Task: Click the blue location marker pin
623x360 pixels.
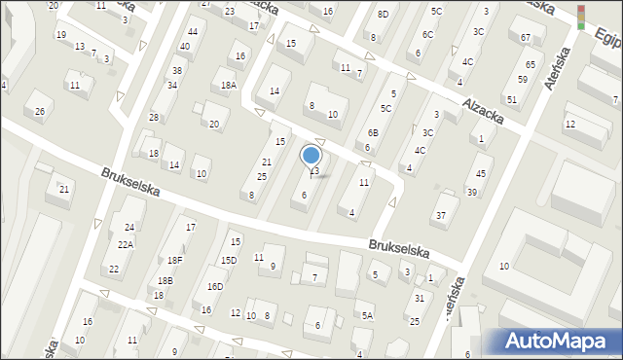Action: [311, 157]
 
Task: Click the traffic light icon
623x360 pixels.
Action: [581, 17]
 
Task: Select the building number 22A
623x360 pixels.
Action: [126, 244]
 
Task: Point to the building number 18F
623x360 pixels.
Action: [174, 260]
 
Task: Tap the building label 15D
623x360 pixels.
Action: [228, 260]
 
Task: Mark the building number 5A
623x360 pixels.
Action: [367, 315]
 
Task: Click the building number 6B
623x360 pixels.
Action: [372, 132]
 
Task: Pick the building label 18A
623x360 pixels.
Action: [228, 86]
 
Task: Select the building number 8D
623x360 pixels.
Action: [383, 14]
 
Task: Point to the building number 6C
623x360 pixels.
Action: [427, 34]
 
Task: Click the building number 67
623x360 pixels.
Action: [526, 37]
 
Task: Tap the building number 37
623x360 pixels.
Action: [441, 214]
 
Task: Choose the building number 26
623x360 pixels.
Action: [40, 111]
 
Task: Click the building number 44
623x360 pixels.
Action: [192, 32]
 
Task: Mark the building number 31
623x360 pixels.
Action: [419, 298]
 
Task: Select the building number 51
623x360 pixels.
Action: [511, 99]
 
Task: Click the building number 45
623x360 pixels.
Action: [480, 173]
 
